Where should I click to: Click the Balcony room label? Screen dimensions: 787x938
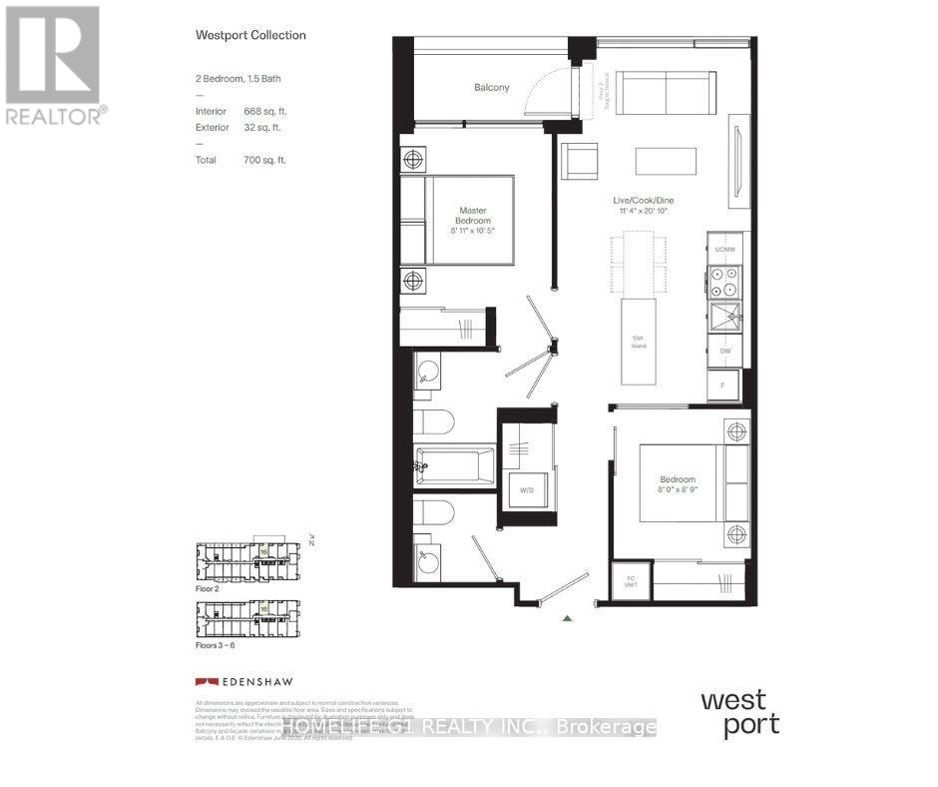[491, 88]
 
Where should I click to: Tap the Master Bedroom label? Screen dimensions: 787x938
[473, 215]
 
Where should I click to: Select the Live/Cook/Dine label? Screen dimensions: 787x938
[650, 202]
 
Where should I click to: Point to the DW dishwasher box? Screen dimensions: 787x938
[723, 352]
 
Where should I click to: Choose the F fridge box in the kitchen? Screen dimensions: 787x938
[723, 383]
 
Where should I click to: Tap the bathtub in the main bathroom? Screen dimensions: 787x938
[455, 465]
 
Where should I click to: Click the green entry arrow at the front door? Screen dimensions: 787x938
[567, 619]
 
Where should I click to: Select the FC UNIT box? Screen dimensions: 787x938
[632, 580]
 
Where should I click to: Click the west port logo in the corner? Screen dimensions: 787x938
[739, 712]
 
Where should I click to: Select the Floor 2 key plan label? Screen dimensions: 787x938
[208, 590]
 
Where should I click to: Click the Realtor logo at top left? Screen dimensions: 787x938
[54, 65]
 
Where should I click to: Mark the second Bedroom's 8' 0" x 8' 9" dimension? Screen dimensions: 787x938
[677, 490]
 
